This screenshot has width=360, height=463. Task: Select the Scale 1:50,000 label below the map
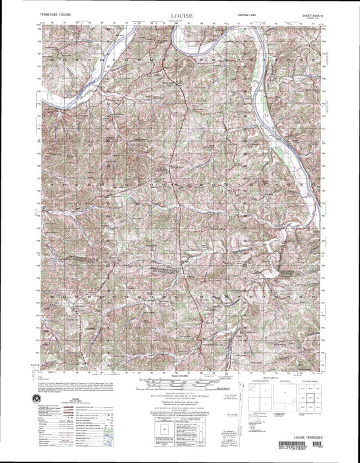(181, 374)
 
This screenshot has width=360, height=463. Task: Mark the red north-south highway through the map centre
(178, 203)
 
